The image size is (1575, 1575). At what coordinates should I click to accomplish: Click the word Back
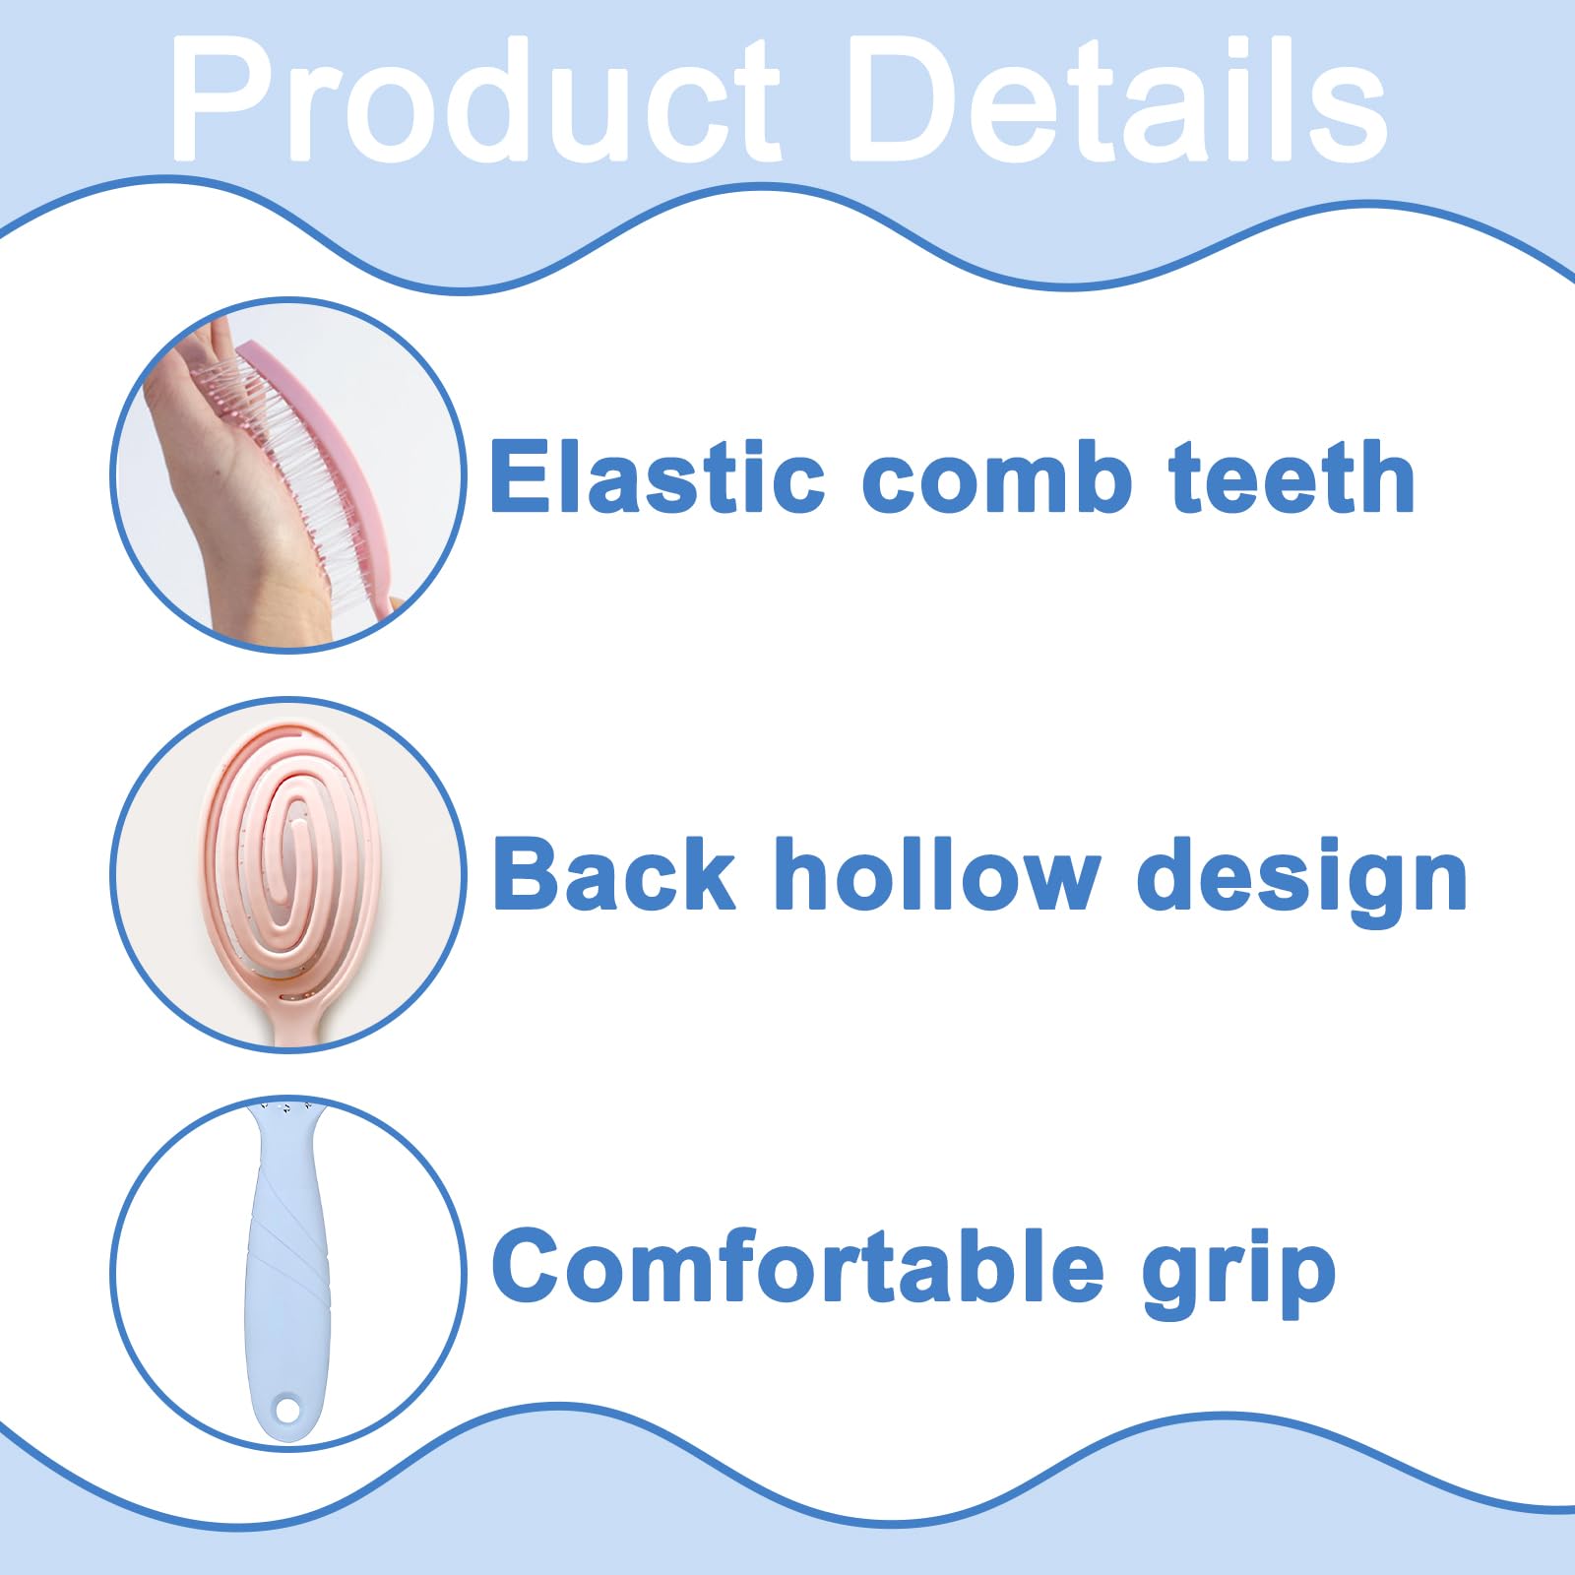click(x=613, y=873)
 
